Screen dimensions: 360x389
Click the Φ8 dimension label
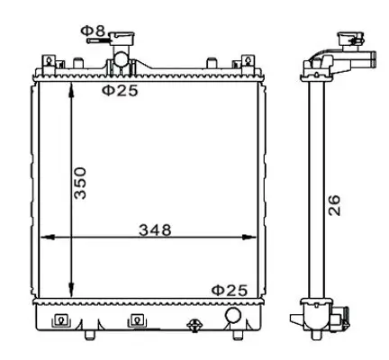coord(93,33)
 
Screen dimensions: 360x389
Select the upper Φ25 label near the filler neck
coord(120,91)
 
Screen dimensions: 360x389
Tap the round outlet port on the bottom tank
coord(234,316)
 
